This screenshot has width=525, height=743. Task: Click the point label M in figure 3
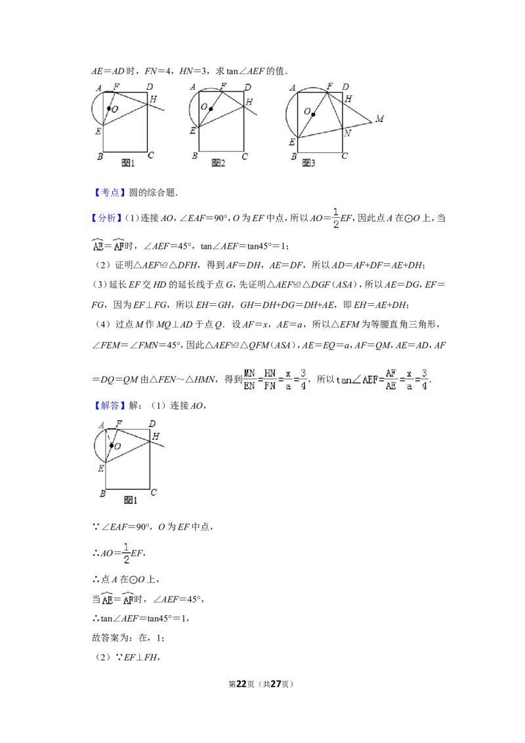pos(379,118)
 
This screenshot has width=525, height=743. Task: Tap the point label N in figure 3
pos(347,133)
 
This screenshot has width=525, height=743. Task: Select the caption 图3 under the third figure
pos(308,163)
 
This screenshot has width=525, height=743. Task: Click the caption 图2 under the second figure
pos(219,163)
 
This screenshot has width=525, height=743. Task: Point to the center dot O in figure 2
pos(211,109)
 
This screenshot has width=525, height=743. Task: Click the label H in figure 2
pos(249,102)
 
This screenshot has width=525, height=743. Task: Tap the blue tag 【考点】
pos(110,192)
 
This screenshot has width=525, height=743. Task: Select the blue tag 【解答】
pos(110,406)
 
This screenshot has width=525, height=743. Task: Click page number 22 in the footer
pos(241,684)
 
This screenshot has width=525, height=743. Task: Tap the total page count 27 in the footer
pos(276,684)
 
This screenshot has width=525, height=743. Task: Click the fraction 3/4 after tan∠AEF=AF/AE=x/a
pos(424,379)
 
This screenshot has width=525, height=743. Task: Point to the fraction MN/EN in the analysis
pos(249,379)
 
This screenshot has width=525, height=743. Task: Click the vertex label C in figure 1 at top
pos(151,155)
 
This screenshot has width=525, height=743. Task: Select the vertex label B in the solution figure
pos(102,494)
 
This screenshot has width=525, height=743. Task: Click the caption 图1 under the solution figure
pos(131,500)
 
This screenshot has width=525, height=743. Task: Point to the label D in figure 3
pos(345,87)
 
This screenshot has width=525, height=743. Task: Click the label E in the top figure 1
pos(98,131)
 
